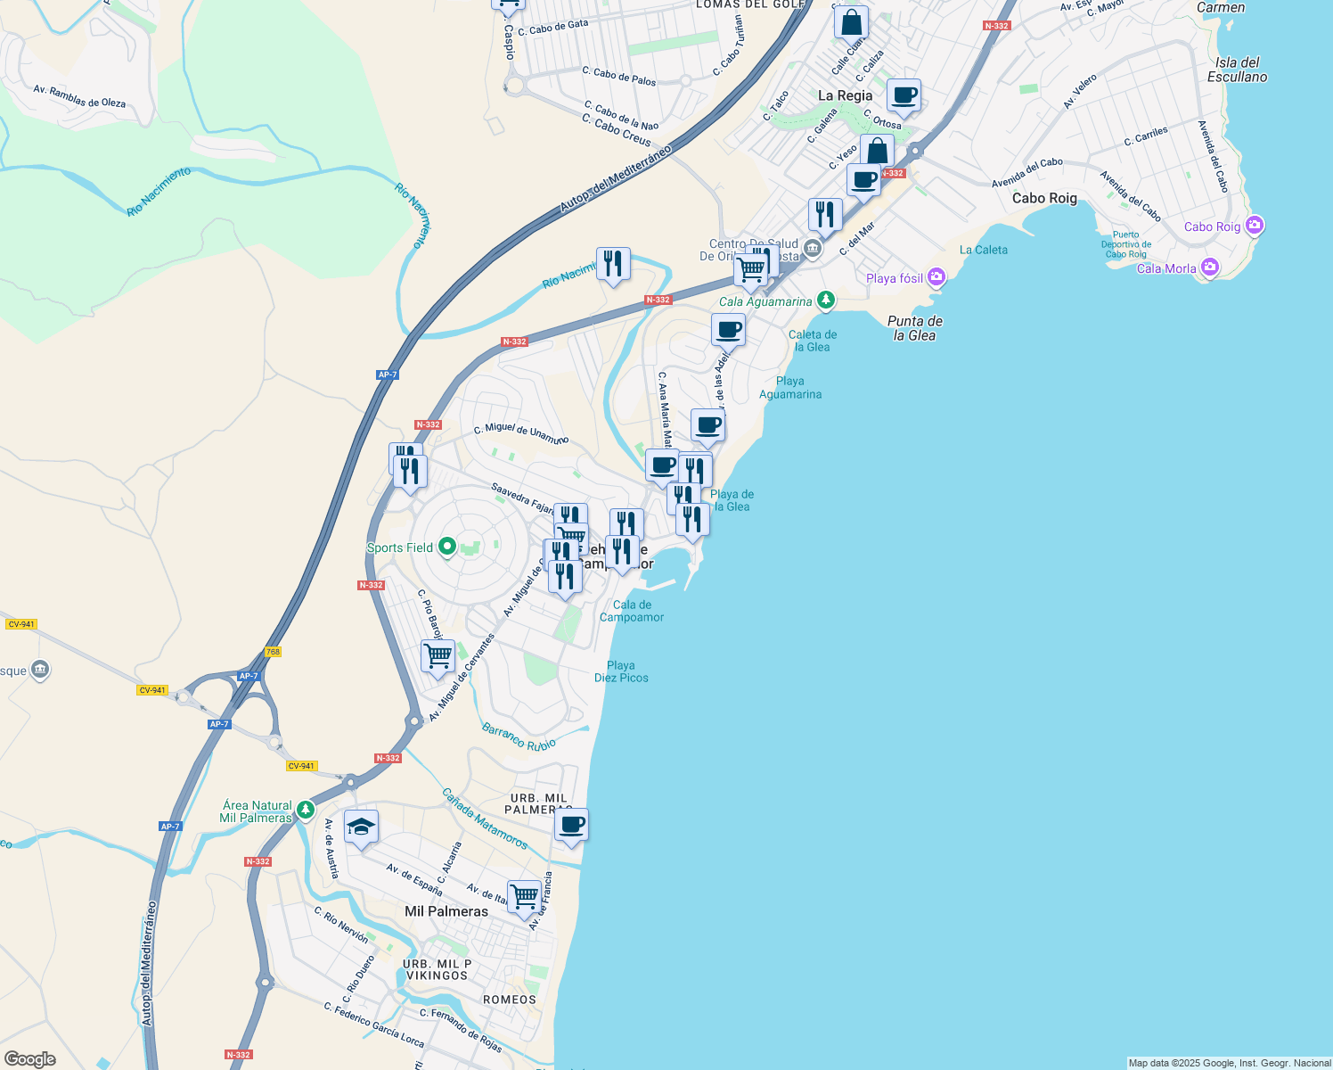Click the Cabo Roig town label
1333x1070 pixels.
tap(1044, 198)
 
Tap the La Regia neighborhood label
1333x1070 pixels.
tap(845, 95)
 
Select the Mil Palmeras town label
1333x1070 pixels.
tap(446, 911)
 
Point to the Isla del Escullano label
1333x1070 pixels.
tap(1237, 70)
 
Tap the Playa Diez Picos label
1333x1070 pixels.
tap(621, 671)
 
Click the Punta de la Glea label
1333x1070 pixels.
tap(915, 328)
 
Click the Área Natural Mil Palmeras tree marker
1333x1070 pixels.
tap(306, 810)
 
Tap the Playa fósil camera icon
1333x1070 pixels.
tap(936, 277)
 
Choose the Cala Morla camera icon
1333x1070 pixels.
tap(1209, 267)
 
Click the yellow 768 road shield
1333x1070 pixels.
tap(273, 652)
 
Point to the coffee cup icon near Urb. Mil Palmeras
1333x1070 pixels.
tap(571, 826)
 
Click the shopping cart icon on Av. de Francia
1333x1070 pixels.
tap(524, 896)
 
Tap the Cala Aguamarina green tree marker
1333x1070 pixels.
tap(826, 300)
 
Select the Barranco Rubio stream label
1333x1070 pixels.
tap(519, 737)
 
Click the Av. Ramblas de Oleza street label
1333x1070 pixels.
tap(79, 96)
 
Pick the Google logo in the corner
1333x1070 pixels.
tap(30, 1058)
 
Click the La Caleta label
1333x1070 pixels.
tap(984, 250)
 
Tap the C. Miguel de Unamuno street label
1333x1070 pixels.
tap(520, 432)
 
